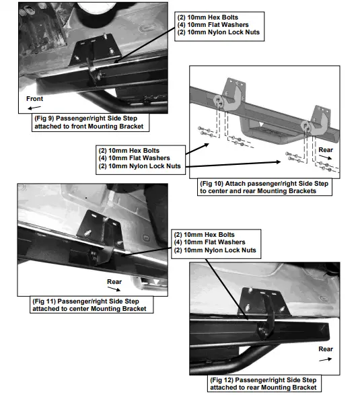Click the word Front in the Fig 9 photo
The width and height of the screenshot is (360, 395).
[x=34, y=98]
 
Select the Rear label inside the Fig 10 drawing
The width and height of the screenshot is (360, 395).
[x=326, y=150]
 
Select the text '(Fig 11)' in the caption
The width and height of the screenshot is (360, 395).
[x=48, y=301]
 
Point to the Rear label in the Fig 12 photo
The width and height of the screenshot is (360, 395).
[x=326, y=349]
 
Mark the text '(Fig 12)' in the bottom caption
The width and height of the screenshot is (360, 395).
[x=225, y=380]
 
